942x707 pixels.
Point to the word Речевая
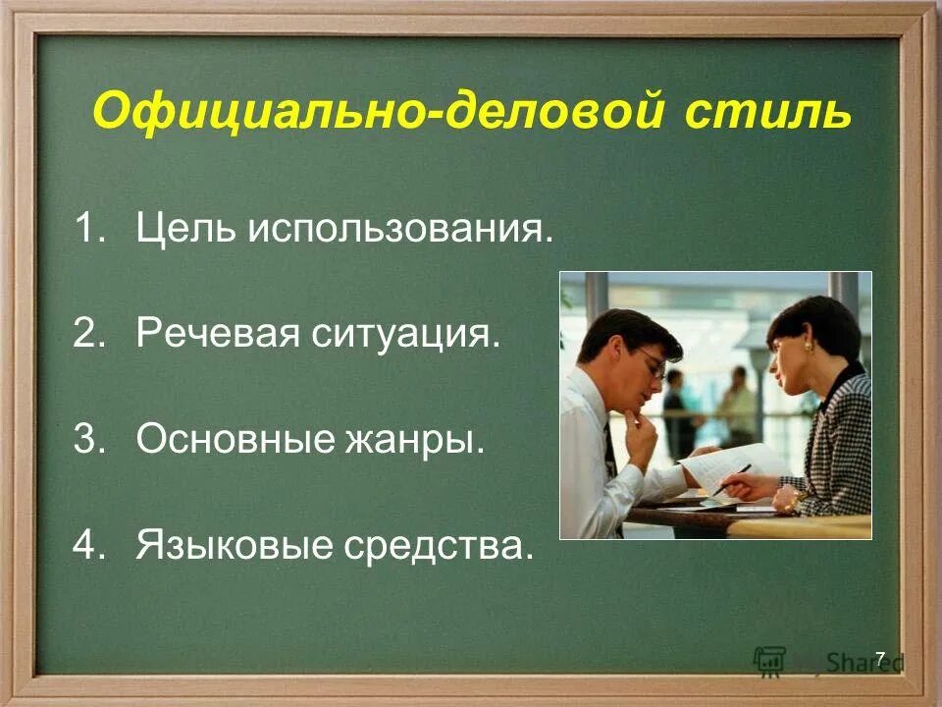pos(217,335)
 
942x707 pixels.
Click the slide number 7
pos(879,658)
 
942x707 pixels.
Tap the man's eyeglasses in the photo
pos(654,368)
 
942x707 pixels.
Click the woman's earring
pos(811,347)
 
